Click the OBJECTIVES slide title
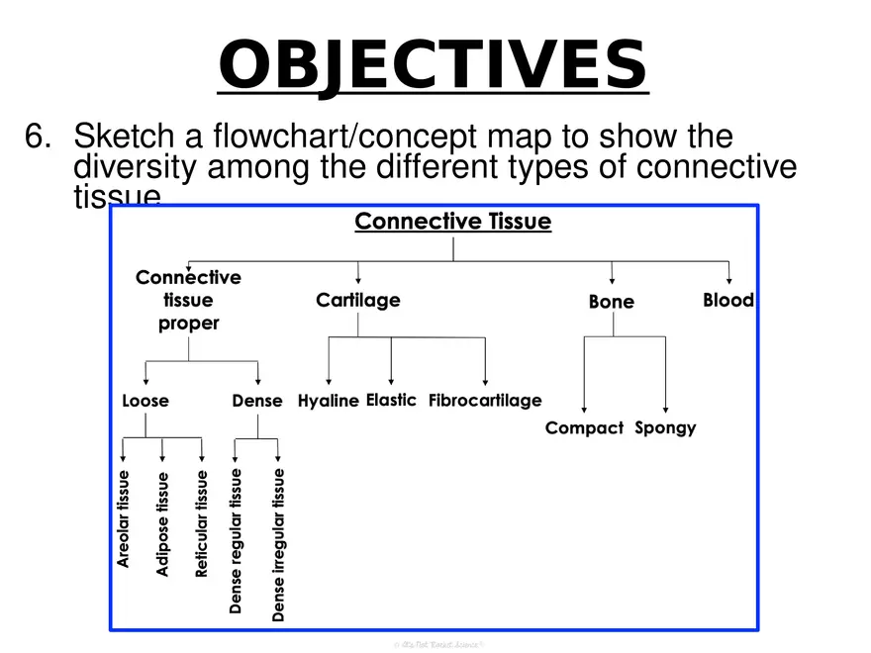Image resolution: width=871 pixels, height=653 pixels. (433, 64)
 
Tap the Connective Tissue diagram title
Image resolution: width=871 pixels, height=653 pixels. (452, 222)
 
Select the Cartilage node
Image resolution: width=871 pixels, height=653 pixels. (358, 300)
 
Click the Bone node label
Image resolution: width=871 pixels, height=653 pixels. (612, 302)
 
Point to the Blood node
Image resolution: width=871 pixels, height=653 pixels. (728, 300)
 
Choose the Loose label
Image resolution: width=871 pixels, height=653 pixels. (145, 401)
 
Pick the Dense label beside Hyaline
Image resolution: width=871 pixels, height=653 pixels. (257, 401)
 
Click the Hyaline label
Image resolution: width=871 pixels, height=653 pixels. (328, 401)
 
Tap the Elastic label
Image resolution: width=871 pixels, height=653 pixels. (391, 400)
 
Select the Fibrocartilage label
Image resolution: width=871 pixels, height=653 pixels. (485, 401)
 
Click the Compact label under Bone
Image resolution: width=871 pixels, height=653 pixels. (584, 428)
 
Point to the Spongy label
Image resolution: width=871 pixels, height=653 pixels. (665, 428)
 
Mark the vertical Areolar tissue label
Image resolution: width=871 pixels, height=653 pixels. (124, 518)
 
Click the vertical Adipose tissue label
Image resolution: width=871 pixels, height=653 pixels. (163, 523)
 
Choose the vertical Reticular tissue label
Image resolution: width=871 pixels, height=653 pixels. (202, 523)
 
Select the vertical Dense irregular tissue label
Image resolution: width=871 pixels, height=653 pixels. (278, 545)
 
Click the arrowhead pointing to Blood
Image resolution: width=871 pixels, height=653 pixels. (729, 279)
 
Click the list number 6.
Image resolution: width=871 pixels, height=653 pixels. (37, 137)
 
